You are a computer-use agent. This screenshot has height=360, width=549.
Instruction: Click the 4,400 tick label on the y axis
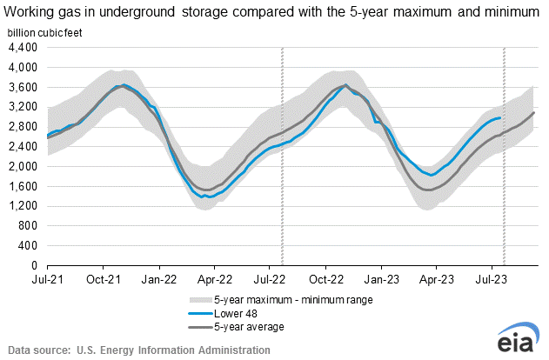pos(24,48)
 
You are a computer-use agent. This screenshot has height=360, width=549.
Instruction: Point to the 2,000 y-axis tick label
pos(24,166)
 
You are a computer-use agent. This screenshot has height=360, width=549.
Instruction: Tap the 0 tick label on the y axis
pos(35,265)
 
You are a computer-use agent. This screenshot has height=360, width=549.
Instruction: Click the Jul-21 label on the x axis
pos(47,280)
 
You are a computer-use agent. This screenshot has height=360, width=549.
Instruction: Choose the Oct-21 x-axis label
pos(104,280)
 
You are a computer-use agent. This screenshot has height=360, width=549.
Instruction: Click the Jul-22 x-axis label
pos(271,280)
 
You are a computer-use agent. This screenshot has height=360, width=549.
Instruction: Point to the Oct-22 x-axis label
pos(326,280)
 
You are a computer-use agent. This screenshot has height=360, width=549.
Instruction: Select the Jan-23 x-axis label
pos(383,280)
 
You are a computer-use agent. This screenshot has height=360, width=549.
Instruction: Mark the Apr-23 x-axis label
pos(438,280)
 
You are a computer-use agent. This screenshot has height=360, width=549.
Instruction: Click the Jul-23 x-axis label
pos(493,280)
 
